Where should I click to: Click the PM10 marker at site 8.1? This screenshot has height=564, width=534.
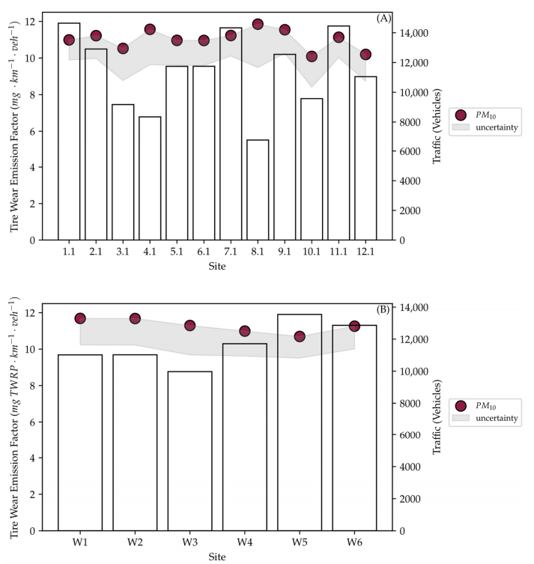click(258, 25)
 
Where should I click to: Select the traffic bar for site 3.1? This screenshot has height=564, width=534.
click(123, 172)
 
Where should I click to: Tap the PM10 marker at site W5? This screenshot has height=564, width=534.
click(300, 336)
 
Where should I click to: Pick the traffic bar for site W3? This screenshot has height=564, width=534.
click(190, 451)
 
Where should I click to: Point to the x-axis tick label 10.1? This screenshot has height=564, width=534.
click(312, 252)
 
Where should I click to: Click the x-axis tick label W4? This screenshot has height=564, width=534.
click(244, 542)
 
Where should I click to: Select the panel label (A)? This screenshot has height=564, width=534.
click(383, 18)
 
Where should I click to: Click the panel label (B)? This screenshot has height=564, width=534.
click(383, 309)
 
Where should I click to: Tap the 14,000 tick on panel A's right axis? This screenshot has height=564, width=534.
click(414, 33)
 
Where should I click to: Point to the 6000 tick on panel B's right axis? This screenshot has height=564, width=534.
click(410, 435)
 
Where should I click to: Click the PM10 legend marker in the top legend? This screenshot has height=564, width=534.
click(461, 115)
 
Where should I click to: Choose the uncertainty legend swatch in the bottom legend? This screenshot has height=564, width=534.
click(461, 418)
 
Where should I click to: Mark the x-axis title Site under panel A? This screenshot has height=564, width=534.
click(217, 266)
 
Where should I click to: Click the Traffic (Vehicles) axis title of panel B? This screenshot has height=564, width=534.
click(437, 417)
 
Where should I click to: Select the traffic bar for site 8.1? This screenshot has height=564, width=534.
click(258, 190)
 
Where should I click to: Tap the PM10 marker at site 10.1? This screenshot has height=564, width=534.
click(312, 56)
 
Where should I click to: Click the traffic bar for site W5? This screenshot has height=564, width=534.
click(300, 422)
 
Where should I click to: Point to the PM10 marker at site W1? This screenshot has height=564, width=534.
click(80, 318)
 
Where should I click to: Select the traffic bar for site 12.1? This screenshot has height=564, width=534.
click(365, 158)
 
